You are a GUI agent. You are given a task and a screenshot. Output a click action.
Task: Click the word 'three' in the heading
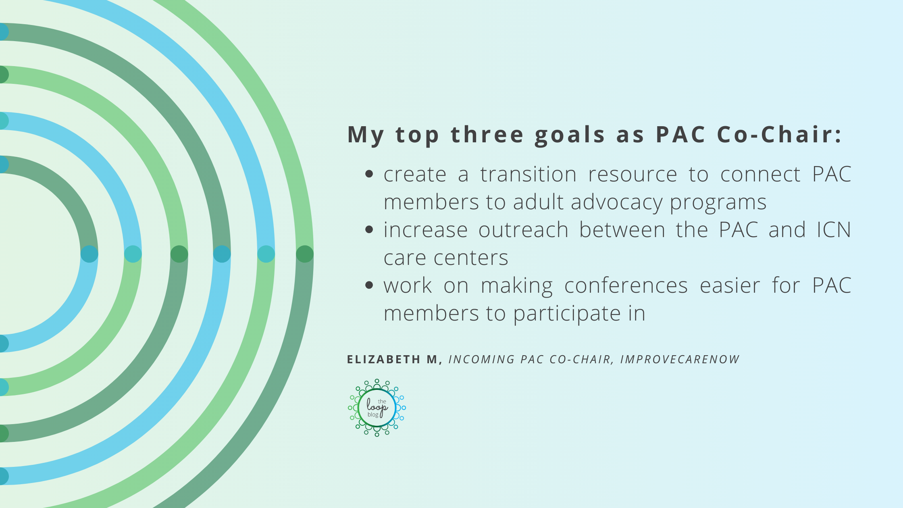pos(487,134)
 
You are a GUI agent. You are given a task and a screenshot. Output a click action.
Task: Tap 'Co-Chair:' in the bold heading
pos(779,134)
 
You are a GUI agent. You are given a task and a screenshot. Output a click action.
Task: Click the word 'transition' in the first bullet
pos(528,174)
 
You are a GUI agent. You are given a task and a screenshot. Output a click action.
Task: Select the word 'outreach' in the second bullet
pos(523,230)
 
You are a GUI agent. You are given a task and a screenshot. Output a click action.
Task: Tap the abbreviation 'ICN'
pos(834,230)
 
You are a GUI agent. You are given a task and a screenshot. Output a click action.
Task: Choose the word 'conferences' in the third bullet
pos(626,286)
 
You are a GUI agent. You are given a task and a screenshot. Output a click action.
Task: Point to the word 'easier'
pos(730,286)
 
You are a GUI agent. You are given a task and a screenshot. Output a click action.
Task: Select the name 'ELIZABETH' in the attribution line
pos(384,359)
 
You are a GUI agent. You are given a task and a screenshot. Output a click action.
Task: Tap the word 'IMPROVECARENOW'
pos(680,359)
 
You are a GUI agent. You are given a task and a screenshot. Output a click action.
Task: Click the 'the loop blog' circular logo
pos(377,408)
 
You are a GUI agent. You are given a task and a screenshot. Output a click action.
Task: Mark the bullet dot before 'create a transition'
pos(369,174)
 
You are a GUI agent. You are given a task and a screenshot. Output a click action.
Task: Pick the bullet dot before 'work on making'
pos(369,285)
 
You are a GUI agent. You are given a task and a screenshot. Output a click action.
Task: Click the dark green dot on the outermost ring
pos(305,254)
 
